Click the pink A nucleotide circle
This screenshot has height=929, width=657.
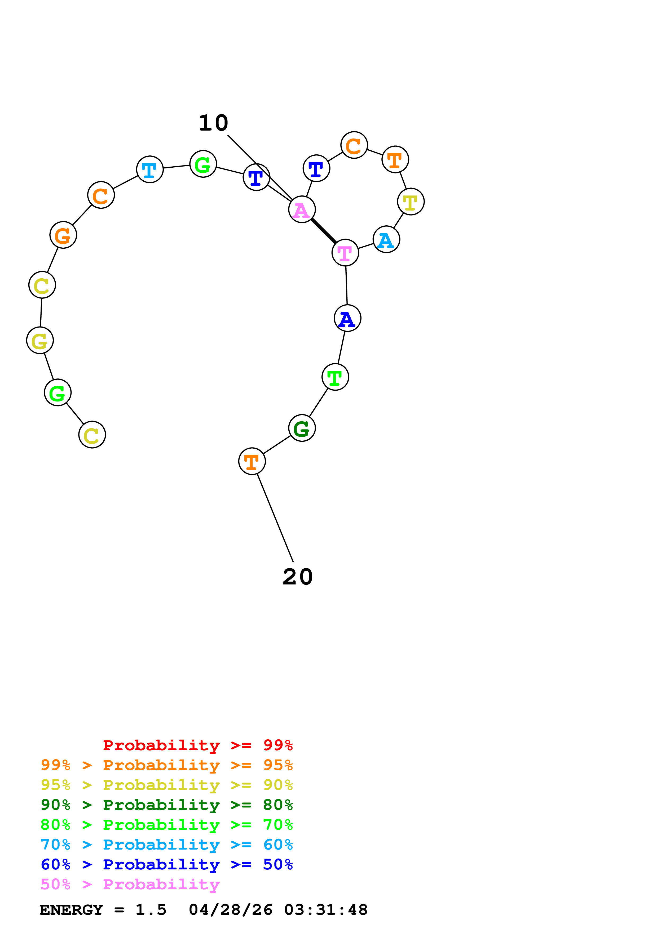tap(302, 209)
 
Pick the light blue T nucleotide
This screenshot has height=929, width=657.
tap(150, 169)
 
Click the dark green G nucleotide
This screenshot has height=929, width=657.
tap(302, 428)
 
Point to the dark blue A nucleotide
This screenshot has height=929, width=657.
tap(347, 318)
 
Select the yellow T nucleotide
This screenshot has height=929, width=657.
tap(411, 202)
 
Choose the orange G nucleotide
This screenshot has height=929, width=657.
tap(63, 235)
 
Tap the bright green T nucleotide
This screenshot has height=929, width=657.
tap(335, 377)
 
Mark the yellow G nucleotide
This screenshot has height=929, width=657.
tap(40, 340)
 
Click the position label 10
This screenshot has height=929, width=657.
tap(213, 123)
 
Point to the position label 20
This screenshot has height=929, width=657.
tap(298, 577)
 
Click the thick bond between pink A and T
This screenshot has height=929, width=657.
tap(323, 231)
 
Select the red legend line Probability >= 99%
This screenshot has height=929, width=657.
tap(197, 745)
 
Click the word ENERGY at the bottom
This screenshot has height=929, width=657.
tap(71, 910)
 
